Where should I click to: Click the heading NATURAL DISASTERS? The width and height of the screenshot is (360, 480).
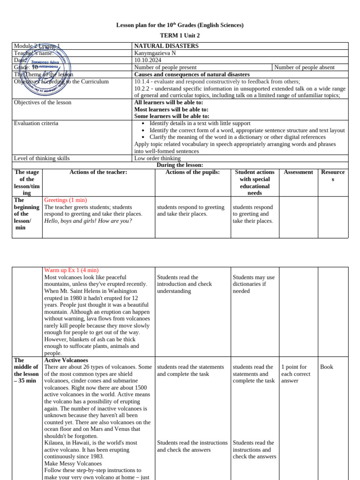point(166,46)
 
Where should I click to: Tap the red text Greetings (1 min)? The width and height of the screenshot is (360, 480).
point(65,200)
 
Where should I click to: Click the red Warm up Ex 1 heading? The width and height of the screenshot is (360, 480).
point(71,270)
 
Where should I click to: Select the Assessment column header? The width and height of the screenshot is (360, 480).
point(298,172)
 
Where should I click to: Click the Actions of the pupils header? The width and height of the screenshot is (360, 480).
point(193,172)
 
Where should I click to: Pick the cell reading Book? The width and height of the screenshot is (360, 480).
point(326,367)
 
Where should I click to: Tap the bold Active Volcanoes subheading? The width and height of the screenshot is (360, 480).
point(66,360)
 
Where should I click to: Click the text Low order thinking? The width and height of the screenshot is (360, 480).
point(157,158)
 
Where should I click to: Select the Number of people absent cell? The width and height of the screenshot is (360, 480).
point(304,67)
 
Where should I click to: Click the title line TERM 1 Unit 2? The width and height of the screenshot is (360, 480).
point(180,35)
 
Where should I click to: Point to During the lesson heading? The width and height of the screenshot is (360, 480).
point(180,165)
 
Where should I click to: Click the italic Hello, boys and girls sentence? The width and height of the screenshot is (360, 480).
point(88,221)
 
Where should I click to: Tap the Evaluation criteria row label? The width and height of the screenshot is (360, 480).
point(36,123)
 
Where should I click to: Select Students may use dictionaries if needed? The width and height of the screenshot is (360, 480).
point(254,284)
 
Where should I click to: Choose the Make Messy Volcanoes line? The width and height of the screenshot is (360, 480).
point(73,463)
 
